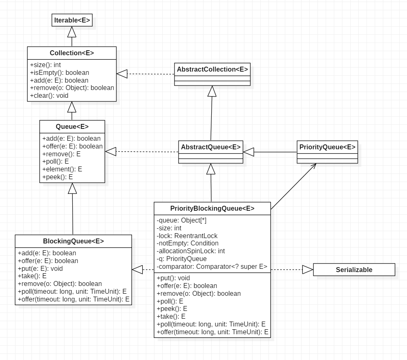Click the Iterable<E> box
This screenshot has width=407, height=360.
(72, 20)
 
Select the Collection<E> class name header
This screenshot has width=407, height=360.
(72, 53)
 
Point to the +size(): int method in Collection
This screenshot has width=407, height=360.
(45, 65)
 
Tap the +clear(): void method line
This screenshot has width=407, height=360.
(49, 96)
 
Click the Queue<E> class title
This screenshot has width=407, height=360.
(72, 126)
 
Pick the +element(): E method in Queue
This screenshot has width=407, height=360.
(62, 169)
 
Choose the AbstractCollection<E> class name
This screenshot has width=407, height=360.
(212, 69)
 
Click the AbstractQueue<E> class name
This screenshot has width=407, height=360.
(210, 147)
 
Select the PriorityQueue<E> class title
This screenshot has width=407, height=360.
(327, 147)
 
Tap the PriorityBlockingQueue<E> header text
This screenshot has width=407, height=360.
(212, 208)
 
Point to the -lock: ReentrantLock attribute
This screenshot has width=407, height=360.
(187, 236)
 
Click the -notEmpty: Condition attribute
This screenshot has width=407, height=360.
(188, 243)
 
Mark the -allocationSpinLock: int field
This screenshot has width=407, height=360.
(191, 251)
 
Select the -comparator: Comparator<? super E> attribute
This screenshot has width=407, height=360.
(212, 267)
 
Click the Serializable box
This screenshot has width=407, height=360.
(354, 270)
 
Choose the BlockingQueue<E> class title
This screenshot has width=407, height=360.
(74, 241)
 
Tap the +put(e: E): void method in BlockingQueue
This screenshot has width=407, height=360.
(40, 268)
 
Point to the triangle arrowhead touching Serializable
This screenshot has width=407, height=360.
(307, 270)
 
